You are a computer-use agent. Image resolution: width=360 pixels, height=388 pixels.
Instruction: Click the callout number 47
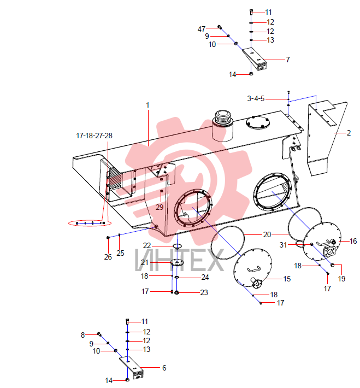[x=202, y=29]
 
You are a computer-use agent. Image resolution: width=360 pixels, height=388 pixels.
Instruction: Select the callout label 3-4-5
[x=256, y=98]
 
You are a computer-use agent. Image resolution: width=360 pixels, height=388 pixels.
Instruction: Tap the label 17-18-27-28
[x=94, y=136]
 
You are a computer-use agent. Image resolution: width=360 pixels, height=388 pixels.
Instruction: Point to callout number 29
[x=160, y=207]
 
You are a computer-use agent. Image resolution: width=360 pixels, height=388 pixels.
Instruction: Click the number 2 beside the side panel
[x=349, y=133]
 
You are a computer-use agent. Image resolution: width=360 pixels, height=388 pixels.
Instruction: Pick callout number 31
[x=283, y=245]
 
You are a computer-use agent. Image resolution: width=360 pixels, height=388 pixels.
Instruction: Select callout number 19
[x=341, y=279]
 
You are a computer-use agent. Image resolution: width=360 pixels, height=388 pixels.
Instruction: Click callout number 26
[x=108, y=257]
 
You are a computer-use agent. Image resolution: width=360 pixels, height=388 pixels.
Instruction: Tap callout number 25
[x=120, y=253]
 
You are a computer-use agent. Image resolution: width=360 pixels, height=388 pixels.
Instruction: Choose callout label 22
[x=147, y=245]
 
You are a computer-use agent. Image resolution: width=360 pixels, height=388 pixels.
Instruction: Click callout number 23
[x=204, y=292]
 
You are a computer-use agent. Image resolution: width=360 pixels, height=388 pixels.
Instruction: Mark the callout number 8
[x=83, y=335]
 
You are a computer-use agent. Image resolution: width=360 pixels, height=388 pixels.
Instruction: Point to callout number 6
[x=164, y=368]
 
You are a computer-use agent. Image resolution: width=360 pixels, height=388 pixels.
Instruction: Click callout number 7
[x=288, y=60]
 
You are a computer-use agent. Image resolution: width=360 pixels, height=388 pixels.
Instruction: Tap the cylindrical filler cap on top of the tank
[x=223, y=126]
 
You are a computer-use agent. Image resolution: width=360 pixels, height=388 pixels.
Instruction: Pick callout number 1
[x=147, y=105]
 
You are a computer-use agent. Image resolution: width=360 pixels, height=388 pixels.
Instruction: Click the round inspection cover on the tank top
[x=258, y=122]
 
